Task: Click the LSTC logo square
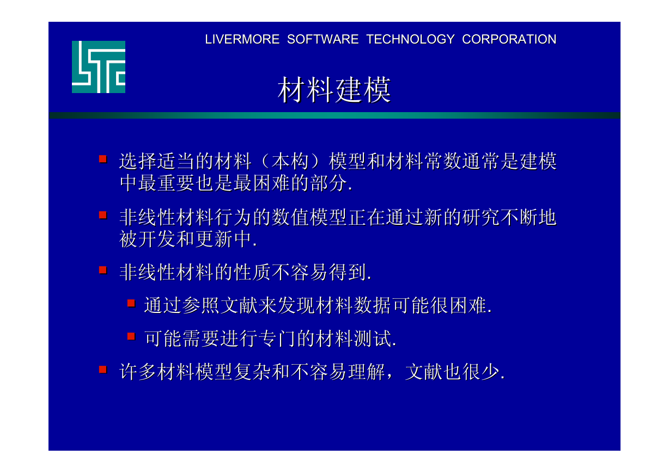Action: pyautogui.click(x=99, y=67)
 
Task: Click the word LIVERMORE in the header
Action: pyautogui.click(x=242, y=39)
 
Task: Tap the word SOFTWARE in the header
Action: pyautogui.click(x=323, y=39)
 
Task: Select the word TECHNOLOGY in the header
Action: pyautogui.click(x=411, y=39)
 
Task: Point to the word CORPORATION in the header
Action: pyautogui.click(x=509, y=39)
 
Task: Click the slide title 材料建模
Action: pyautogui.click(x=334, y=89)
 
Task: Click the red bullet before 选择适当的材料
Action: pyautogui.click(x=103, y=159)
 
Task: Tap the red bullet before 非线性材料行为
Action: pyautogui.click(x=103, y=215)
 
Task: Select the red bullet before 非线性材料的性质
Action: pyautogui.click(x=103, y=270)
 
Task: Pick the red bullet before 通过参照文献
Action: pyautogui.click(x=131, y=304)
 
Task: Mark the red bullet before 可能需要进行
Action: pyautogui.click(x=131, y=336)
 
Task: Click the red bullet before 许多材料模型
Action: pyautogui.click(x=103, y=370)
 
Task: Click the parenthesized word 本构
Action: pyautogui.click(x=290, y=161)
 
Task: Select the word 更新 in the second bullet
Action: pyautogui.click(x=215, y=239)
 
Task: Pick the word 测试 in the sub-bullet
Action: pyautogui.click(x=372, y=339)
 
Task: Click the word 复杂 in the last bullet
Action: pyautogui.click(x=252, y=372)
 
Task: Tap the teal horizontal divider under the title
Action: pyautogui.click(x=334, y=115)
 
